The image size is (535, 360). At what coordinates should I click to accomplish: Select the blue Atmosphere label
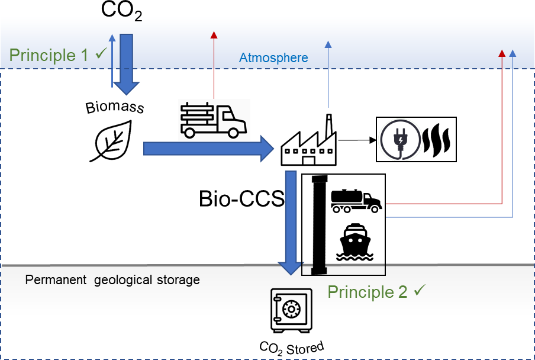(x=273, y=58)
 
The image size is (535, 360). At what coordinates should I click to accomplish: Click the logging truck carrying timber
(x=212, y=119)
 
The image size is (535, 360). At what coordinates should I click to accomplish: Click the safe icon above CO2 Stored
(x=290, y=310)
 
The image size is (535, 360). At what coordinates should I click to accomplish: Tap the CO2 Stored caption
(x=292, y=347)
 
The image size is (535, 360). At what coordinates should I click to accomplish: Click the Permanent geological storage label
(x=112, y=279)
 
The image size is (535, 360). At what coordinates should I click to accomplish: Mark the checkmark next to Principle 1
(x=101, y=54)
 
